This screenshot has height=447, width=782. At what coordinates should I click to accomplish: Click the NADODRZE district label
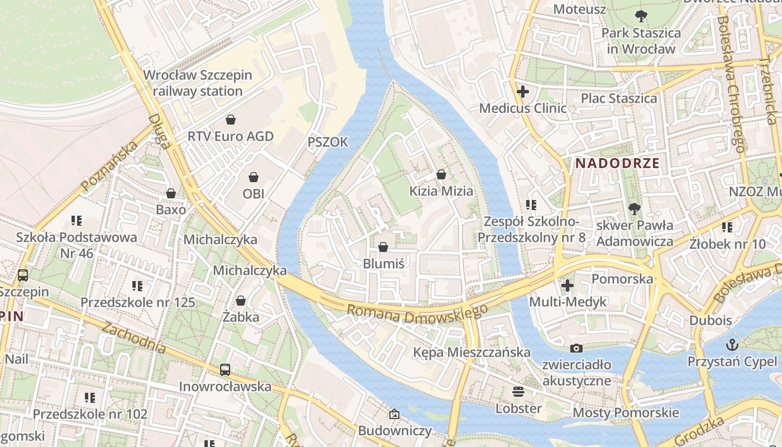point(617,164)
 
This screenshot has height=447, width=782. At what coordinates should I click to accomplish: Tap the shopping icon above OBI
point(254,177)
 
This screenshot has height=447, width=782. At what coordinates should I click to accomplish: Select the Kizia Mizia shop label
point(441,191)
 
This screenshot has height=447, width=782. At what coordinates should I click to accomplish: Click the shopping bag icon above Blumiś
point(383,246)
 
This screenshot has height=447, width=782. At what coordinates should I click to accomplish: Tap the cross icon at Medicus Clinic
point(523,91)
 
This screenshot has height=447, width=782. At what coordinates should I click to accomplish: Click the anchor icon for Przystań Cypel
point(732,344)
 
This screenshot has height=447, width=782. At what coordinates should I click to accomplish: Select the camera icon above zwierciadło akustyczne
point(576,348)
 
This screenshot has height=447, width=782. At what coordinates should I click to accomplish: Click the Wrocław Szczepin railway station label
point(198,83)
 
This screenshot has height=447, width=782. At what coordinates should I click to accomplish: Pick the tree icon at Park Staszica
point(641,16)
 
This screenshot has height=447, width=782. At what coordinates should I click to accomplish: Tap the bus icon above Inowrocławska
point(225,369)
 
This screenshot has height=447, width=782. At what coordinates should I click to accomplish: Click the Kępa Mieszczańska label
point(471,353)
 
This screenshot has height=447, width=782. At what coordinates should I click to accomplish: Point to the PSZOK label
point(328,142)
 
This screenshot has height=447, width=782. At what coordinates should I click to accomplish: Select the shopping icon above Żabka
point(241,301)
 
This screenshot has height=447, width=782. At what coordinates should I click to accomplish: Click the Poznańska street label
point(109,167)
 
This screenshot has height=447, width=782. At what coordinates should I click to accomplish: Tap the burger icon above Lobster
point(518,391)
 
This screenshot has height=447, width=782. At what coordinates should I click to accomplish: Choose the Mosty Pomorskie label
point(626,413)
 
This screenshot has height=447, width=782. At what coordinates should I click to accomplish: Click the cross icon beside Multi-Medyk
point(568,286)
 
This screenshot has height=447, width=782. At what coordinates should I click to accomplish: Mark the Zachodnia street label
point(133,337)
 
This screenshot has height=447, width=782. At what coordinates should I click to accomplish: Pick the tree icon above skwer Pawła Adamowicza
point(634,209)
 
